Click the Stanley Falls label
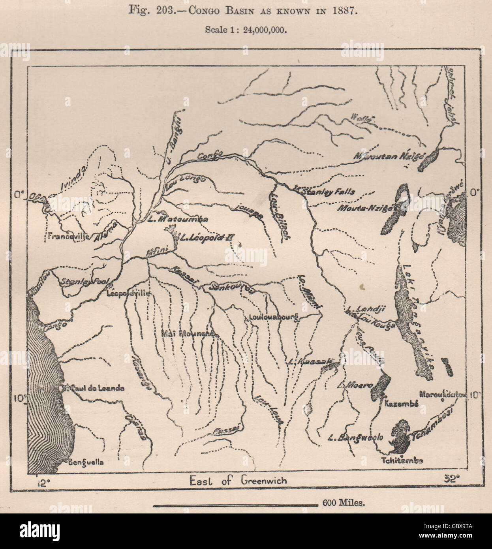(327, 192)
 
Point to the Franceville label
(66, 237)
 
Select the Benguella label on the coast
(86, 462)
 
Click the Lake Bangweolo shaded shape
(399, 438)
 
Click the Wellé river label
(362, 118)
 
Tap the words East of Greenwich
(238, 480)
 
